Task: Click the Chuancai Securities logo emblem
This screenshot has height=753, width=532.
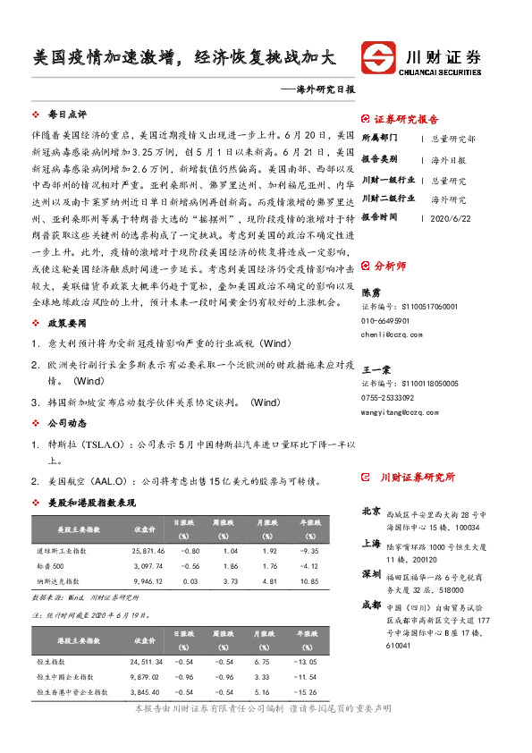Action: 379,56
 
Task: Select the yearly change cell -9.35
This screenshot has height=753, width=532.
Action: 309,552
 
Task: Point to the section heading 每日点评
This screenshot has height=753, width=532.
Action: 67,114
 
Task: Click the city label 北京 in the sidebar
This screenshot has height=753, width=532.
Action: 370,512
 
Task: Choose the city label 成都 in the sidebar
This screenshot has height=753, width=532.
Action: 370,605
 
